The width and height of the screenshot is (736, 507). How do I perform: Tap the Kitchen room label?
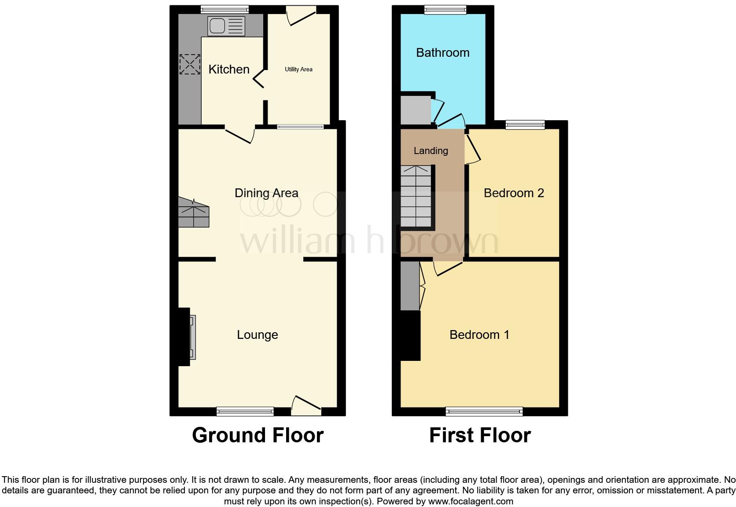pyautogui.click(x=229, y=69)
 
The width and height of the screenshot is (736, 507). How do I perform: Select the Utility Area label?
pyautogui.click(x=298, y=69)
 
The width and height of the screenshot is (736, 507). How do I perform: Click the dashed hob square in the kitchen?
pyautogui.click(x=190, y=64)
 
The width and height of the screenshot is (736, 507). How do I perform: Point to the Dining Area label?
pyautogui.click(x=266, y=193)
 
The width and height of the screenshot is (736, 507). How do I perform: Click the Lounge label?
pyautogui.click(x=258, y=335)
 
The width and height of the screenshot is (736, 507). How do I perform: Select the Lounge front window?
pyautogui.click(x=245, y=411)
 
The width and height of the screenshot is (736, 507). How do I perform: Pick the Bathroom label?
pyautogui.click(x=442, y=53)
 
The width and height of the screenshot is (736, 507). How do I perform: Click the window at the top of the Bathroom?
pyautogui.click(x=445, y=10)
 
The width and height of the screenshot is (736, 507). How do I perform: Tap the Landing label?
pyautogui.click(x=431, y=151)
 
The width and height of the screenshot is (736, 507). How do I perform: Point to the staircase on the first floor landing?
pyautogui.click(x=416, y=196)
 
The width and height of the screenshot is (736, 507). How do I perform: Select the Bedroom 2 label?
pyautogui.click(x=514, y=193)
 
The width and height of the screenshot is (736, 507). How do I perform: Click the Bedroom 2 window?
pyautogui.click(x=525, y=125)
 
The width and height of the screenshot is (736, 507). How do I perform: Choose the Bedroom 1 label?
pyautogui.click(x=479, y=335)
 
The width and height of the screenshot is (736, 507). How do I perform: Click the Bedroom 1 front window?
pyautogui.click(x=484, y=411)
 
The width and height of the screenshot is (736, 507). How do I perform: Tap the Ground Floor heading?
pyautogui.click(x=258, y=435)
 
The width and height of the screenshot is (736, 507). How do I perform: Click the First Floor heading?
pyautogui.click(x=480, y=435)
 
